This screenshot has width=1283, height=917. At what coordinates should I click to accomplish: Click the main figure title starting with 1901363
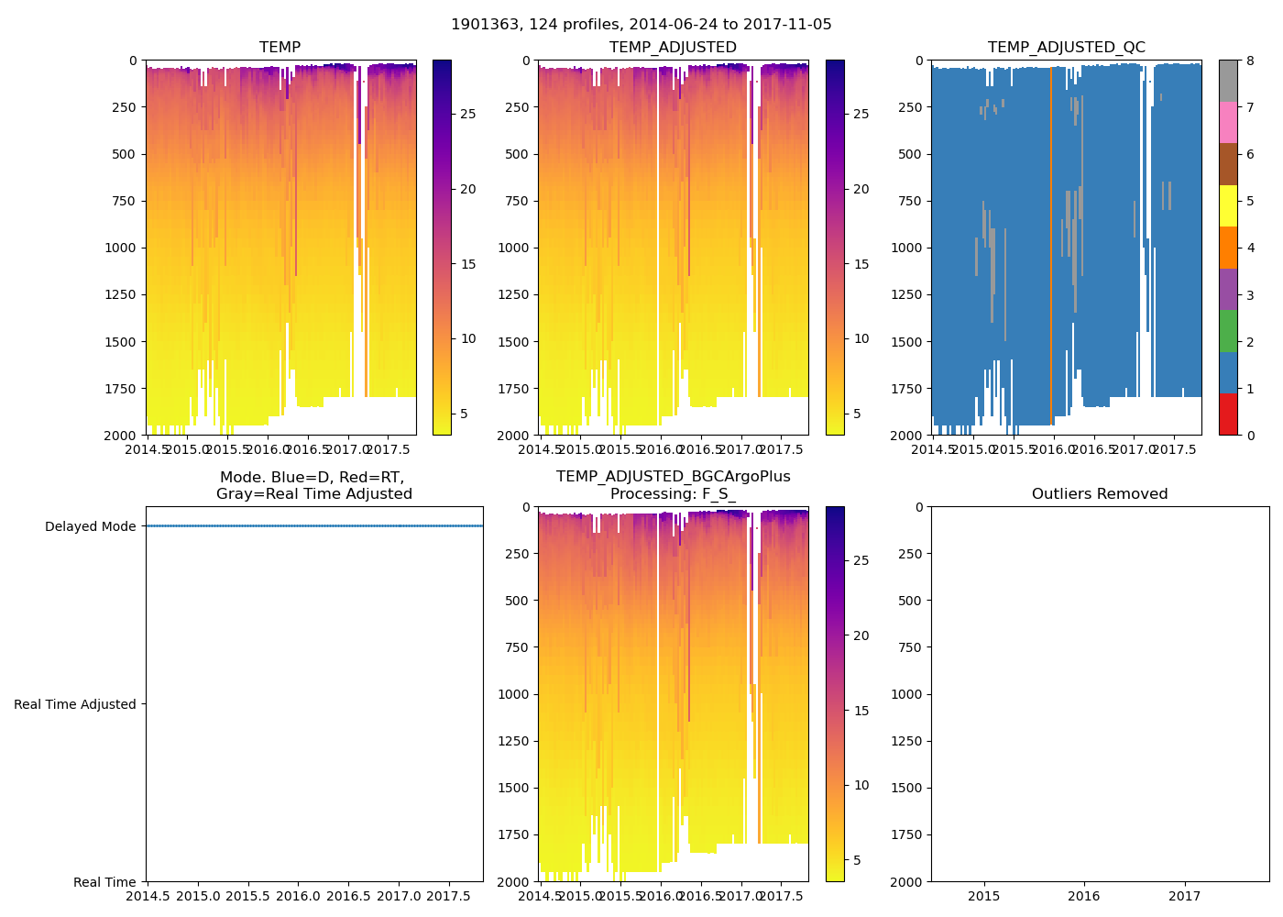641,25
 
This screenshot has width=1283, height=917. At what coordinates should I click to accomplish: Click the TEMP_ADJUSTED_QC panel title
1066,47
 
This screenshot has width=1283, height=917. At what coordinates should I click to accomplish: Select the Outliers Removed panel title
1099,493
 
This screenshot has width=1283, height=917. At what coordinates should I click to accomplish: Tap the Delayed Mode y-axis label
90,526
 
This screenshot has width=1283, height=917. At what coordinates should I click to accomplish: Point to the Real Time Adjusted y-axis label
75,704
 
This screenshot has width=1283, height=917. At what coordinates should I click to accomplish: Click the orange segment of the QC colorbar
1228,248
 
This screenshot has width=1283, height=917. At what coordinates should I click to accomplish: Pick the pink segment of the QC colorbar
1228,122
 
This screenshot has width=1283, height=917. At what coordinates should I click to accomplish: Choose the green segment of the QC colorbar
1228,331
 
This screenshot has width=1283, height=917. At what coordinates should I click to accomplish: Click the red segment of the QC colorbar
1228,414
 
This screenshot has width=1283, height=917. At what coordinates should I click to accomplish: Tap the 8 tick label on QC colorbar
1250,61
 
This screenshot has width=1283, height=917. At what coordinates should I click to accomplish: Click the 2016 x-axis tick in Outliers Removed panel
1084,896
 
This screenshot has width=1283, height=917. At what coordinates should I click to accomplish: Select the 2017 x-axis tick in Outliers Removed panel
1184,896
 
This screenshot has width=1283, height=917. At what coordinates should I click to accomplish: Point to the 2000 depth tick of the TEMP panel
121,435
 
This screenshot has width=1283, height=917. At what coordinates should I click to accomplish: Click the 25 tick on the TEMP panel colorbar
467,114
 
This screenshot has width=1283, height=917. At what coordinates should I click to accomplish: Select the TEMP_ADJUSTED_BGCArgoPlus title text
673,477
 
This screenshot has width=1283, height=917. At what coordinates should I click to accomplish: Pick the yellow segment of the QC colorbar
1228,205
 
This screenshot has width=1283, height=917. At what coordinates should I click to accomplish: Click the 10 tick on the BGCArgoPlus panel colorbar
861,785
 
